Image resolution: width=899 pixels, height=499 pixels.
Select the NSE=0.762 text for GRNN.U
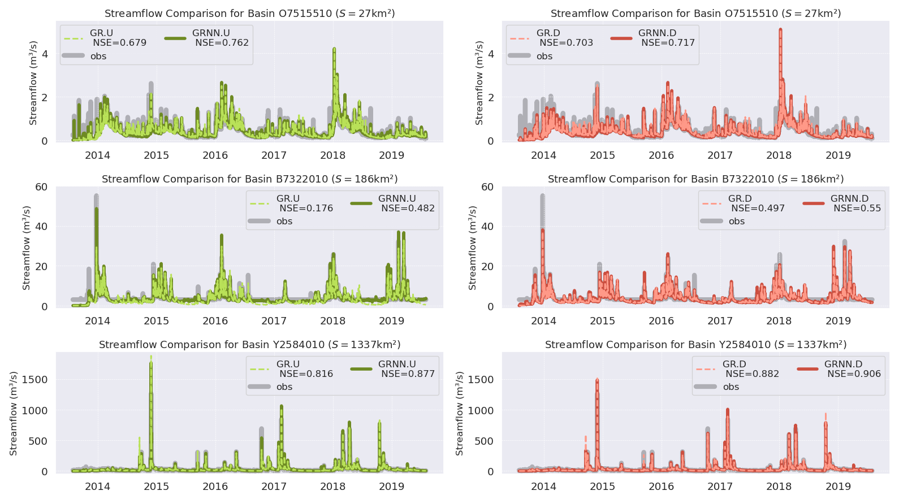coord(222,43)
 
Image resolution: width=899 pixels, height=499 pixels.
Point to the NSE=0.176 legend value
coord(306,209)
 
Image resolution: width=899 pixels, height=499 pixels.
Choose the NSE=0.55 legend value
coord(857,209)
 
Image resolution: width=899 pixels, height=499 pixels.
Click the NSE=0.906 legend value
coord(854,374)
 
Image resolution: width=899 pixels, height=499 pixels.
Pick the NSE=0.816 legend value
coord(306,374)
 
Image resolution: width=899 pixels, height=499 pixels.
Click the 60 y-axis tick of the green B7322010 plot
coord(41,187)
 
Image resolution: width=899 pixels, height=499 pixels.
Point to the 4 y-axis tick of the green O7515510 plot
coord(45,54)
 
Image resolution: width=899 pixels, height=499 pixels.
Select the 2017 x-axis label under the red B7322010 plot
coord(720,321)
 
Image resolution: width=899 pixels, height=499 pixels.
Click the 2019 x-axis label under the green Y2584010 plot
coord(391,487)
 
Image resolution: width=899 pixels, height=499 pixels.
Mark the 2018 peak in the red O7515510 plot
coord(780,30)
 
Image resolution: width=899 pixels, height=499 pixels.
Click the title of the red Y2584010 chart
coord(695,345)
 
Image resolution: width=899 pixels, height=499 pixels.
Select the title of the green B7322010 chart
coord(249,179)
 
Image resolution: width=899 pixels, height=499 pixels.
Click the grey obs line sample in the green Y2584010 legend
coord(259,387)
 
